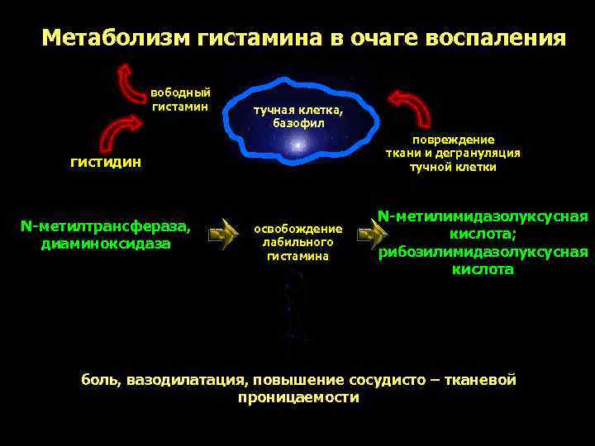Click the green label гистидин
coord(105,163)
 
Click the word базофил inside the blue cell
coord(298,123)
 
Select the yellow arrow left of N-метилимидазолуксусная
coord(370,235)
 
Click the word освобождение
coord(297,229)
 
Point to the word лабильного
coord(297,242)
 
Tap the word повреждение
coord(453,140)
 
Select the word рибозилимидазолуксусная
coord(483,252)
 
